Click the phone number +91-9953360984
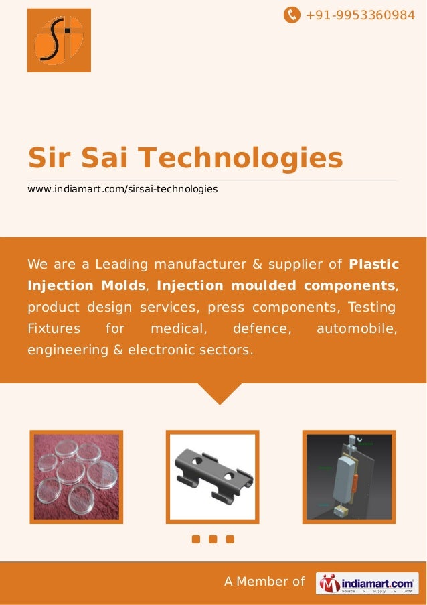tap(360, 14)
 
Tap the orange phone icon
tap(292, 14)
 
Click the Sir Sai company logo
tap(59, 40)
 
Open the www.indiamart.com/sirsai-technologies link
tap(122, 190)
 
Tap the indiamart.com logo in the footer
tap(367, 583)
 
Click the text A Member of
tap(264, 582)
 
